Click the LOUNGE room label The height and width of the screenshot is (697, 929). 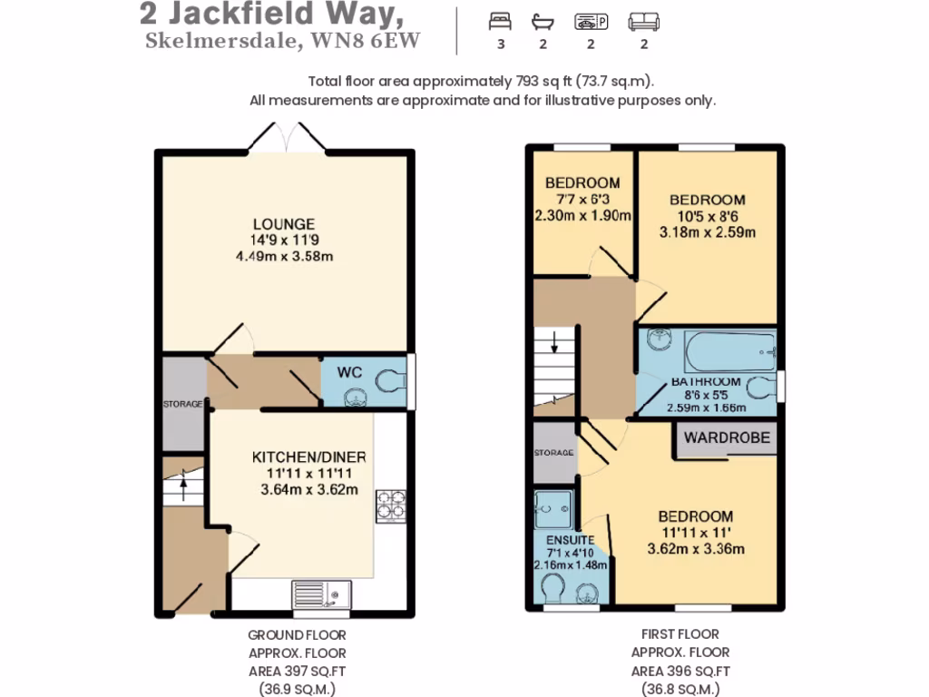(284, 223)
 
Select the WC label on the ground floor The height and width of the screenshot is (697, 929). (350, 372)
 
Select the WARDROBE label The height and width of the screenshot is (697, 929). (727, 437)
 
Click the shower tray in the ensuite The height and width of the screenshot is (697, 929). (553, 510)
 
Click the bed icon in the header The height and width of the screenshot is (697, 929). (500, 21)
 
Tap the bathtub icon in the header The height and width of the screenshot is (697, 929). (543, 21)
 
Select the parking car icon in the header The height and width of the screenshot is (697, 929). (592, 21)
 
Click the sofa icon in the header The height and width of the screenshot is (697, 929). (644, 21)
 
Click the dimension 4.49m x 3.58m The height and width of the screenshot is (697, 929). (284, 255)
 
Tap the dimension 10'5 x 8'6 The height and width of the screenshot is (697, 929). (707, 216)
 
